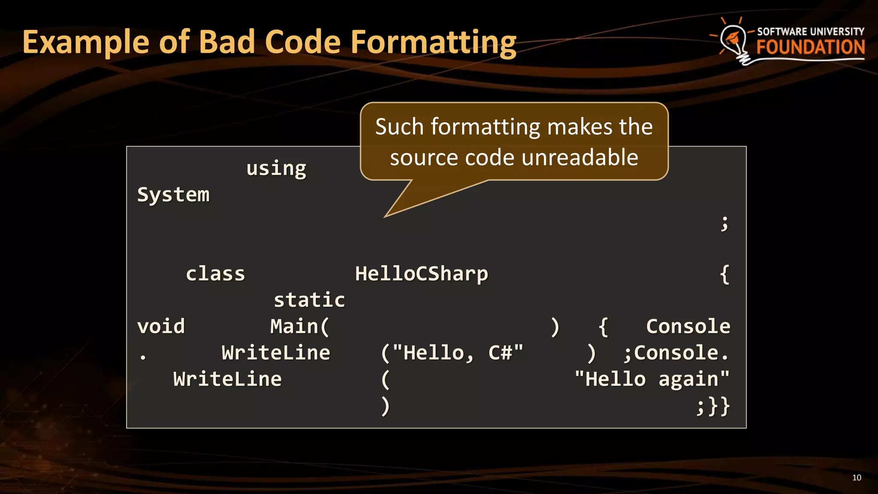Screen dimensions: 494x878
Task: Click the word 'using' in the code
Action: (276, 169)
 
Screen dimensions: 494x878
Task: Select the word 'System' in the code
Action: (173, 195)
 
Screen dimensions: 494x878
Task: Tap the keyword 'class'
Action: (215, 274)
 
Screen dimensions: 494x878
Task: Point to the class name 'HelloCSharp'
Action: (421, 274)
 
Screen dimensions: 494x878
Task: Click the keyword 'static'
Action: (309, 300)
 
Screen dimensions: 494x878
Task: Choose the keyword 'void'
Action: (161, 327)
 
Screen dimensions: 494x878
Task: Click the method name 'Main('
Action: (300, 327)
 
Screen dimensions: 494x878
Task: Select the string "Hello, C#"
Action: (457, 353)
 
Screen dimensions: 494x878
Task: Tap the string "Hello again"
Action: (652, 380)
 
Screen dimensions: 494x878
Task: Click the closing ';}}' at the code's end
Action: (713, 406)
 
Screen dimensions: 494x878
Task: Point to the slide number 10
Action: (857, 478)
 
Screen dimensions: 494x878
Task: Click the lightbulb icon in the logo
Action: (734, 41)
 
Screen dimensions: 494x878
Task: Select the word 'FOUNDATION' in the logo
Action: (810, 47)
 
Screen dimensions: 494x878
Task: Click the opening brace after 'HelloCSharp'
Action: (725, 274)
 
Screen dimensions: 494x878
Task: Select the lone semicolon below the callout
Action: (724, 223)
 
